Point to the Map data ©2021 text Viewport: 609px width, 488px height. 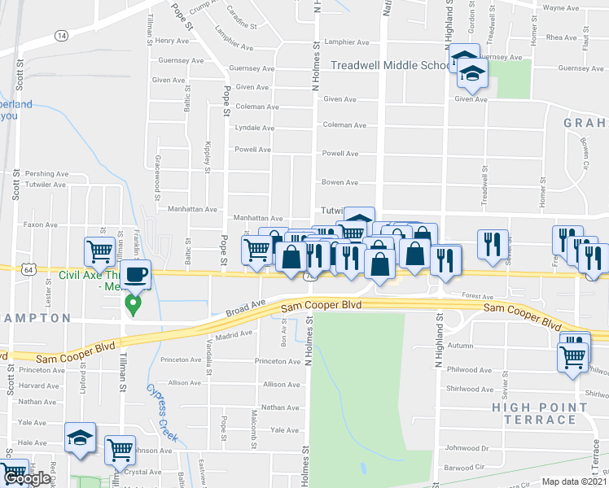(x=574, y=481)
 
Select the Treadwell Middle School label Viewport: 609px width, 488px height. (x=392, y=65)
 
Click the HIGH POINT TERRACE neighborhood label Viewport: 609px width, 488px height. (x=539, y=412)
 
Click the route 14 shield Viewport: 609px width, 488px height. (x=61, y=36)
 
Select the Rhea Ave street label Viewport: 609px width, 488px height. (x=561, y=37)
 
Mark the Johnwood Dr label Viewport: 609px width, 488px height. (x=466, y=447)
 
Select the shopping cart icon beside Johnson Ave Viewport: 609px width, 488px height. (x=120, y=449)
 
